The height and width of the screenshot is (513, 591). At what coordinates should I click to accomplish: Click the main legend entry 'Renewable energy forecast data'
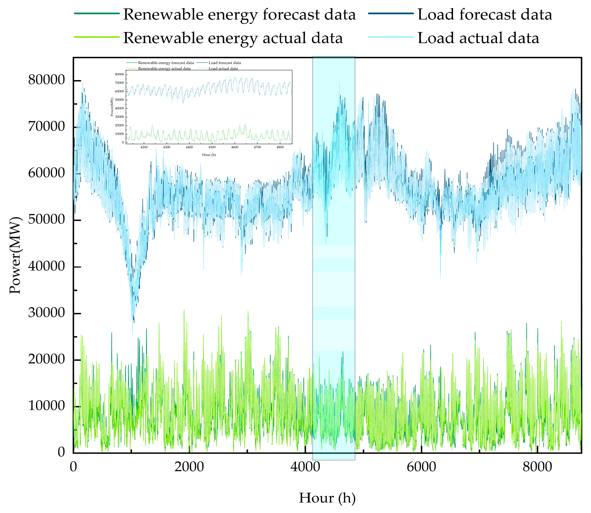click(x=239, y=15)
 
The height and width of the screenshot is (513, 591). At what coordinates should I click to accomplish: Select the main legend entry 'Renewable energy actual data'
click(x=233, y=38)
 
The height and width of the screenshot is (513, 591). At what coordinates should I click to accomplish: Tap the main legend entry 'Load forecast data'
click(x=485, y=15)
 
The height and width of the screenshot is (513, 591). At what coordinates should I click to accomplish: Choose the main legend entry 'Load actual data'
click(x=478, y=38)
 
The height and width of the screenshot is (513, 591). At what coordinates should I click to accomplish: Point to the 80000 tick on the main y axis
click(x=47, y=80)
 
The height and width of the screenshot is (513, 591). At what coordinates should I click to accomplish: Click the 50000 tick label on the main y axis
click(x=47, y=219)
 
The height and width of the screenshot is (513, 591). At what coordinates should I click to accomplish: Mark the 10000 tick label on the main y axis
click(x=47, y=406)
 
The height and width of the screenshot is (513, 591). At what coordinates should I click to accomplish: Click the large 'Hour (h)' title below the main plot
click(x=327, y=498)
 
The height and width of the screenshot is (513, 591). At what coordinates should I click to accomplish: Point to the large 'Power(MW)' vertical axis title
click(x=15, y=255)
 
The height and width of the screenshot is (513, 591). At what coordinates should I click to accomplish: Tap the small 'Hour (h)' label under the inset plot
click(x=209, y=155)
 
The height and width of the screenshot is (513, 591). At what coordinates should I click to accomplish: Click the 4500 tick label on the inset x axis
click(x=212, y=147)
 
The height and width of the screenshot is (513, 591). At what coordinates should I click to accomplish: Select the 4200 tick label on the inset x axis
click(x=144, y=147)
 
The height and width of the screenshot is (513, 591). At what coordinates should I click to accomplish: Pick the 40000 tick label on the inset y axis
click(x=120, y=108)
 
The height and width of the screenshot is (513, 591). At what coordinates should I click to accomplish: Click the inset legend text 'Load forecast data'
click(x=225, y=63)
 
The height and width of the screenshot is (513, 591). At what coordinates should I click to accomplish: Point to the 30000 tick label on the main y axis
click(x=47, y=313)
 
